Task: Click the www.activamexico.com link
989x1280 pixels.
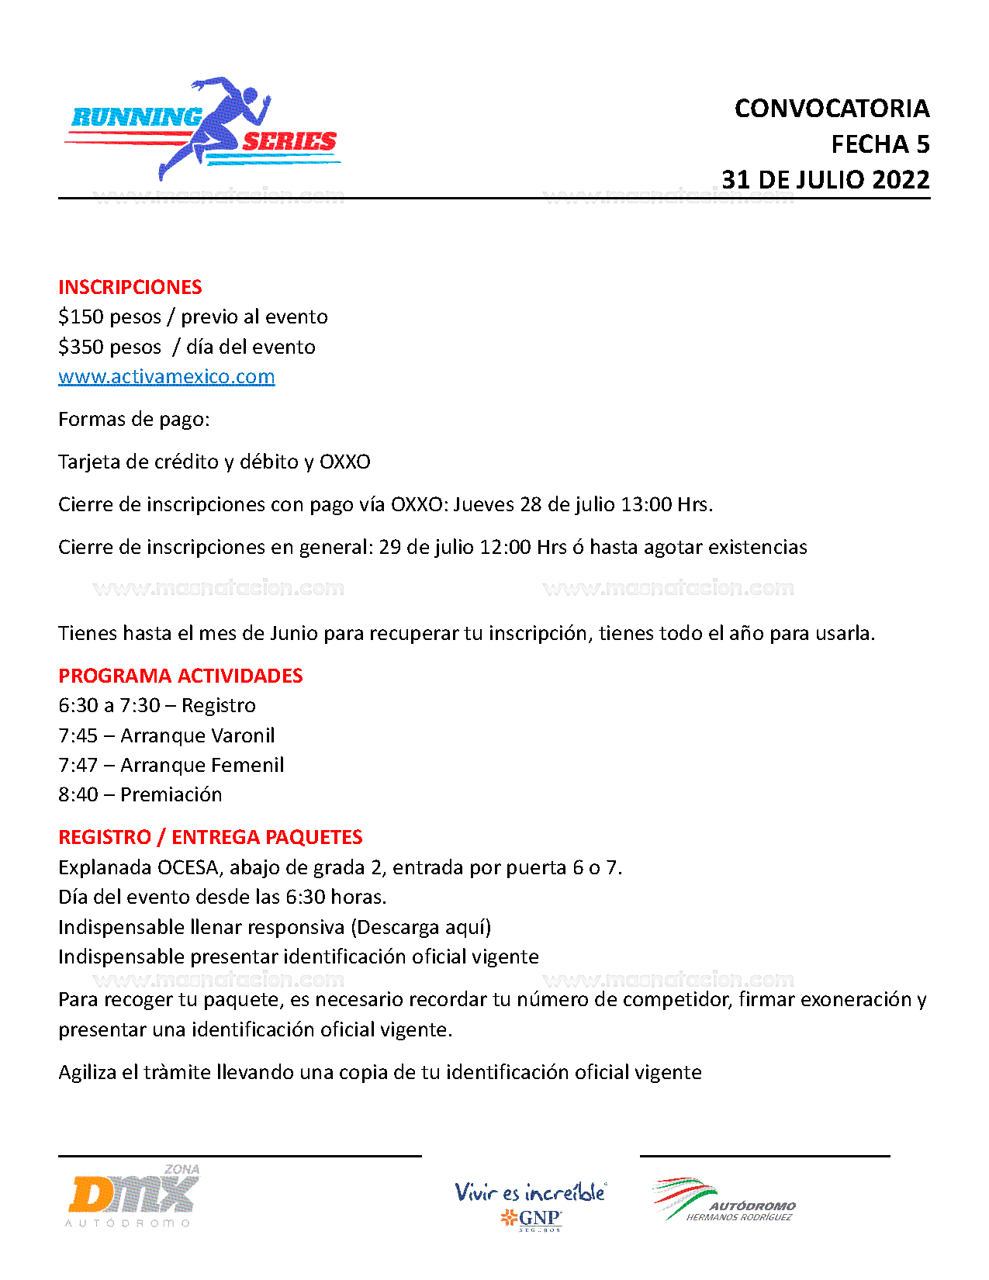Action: click(166, 377)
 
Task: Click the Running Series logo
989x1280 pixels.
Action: click(203, 130)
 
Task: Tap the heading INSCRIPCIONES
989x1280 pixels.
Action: click(130, 287)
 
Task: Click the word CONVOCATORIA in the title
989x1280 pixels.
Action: click(832, 109)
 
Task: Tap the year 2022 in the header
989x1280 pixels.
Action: click(901, 180)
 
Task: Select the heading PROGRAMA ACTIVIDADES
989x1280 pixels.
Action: click(180, 676)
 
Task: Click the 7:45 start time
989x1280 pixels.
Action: click(78, 735)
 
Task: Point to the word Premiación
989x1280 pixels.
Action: click(171, 794)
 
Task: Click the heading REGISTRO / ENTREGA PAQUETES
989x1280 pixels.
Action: click(210, 837)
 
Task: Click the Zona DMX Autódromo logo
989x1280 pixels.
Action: click(133, 1195)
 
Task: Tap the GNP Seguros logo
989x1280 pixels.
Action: click(531, 1206)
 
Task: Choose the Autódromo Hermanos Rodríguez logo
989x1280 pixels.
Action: click(724, 1201)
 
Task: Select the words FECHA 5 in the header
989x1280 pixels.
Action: click(880, 144)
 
